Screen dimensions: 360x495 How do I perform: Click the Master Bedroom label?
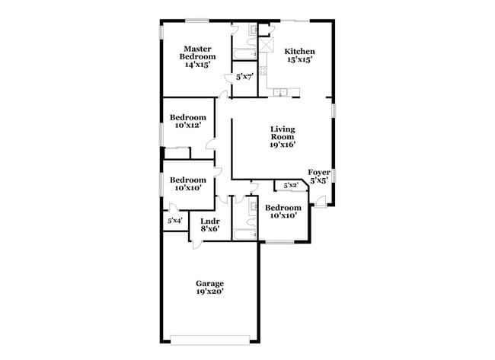coord(197,53)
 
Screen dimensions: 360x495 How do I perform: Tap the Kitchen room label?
coord(299,51)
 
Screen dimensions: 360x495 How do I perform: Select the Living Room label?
coord(283,132)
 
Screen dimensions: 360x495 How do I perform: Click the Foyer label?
coord(318,173)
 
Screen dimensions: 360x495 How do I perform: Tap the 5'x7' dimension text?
coord(244,77)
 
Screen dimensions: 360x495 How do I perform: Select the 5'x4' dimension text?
coord(174,221)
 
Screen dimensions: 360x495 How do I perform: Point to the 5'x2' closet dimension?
coord(290,185)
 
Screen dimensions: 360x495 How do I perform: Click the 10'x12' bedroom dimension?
coord(186,126)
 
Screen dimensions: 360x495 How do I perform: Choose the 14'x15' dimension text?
coord(197,65)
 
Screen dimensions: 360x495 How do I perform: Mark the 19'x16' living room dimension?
coord(283,145)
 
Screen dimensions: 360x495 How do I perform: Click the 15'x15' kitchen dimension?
coord(299,59)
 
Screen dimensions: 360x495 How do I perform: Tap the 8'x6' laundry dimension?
coord(210,228)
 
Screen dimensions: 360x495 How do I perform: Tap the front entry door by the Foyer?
coord(321,201)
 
